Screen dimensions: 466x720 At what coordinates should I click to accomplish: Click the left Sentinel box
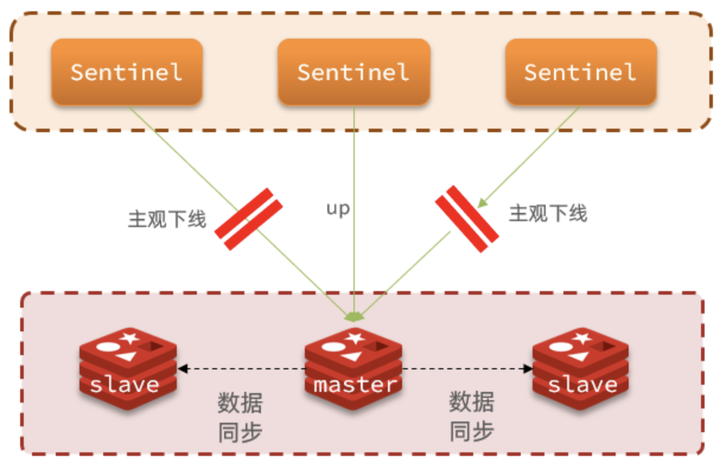pos(126,72)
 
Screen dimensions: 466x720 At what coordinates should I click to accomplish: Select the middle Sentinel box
pos(353,72)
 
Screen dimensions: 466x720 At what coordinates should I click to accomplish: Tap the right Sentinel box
pos(581,72)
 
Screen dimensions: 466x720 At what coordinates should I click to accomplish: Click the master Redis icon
pos(354,368)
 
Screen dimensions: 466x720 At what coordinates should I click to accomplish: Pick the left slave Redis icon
pos(127,368)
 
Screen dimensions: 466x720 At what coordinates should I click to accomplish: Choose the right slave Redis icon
pos(581,368)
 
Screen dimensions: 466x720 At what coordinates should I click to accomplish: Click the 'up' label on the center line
pos(338,209)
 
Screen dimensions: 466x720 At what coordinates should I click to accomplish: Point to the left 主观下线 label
pos(167,219)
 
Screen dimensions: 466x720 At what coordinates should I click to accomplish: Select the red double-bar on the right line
pos(467,219)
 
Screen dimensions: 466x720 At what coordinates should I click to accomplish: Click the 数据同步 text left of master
pos(240,417)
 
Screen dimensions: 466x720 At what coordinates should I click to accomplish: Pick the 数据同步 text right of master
pos(471,417)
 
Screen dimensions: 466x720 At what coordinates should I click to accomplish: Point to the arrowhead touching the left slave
pos(183,369)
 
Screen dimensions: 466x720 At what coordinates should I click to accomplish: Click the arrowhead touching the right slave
pos(528,369)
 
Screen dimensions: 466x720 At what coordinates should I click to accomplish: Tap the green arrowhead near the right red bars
pos(483,203)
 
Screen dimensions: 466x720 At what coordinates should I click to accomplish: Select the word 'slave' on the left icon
pos(125,385)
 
